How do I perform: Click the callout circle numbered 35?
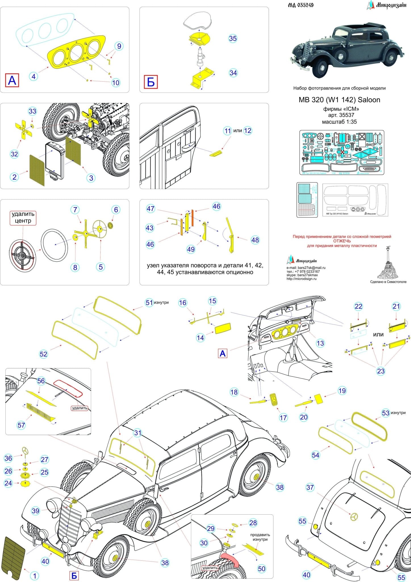point(233,38)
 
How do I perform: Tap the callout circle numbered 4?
point(34,76)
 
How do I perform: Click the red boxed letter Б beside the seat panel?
point(151,82)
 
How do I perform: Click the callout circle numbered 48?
point(255,240)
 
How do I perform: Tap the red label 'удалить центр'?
point(23,218)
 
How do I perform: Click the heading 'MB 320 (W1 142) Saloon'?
point(339,100)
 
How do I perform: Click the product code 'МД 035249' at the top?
point(301,5)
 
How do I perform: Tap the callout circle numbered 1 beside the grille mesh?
point(35,576)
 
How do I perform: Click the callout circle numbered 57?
point(21,425)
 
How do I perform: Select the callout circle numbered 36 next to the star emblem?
point(9,458)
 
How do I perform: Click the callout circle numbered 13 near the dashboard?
point(320,343)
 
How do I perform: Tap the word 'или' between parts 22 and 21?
point(378,334)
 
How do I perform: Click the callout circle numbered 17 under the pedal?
point(283,417)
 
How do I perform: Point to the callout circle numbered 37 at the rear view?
point(310,487)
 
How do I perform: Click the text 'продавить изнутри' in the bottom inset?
point(260,537)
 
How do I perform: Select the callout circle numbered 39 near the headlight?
point(36,511)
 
